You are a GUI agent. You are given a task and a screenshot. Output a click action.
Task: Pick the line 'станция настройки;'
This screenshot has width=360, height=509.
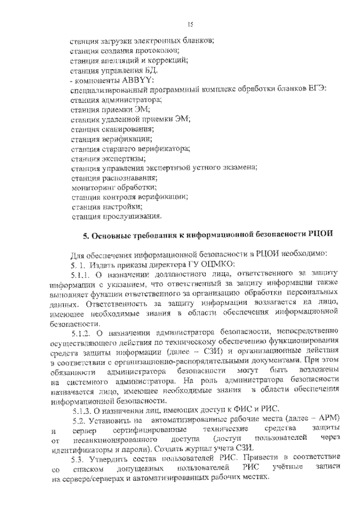(102, 206)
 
